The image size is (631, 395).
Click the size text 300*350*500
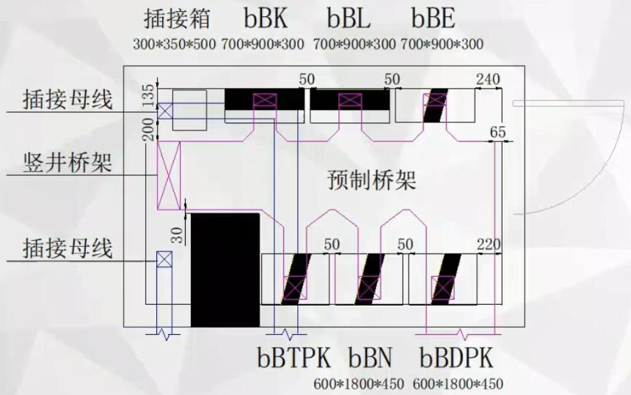click(175, 44)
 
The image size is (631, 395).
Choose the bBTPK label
click(294, 358)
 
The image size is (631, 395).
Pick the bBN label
click(371, 358)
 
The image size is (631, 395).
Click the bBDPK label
click(457, 358)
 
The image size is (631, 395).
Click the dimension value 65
click(498, 132)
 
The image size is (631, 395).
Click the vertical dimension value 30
click(176, 234)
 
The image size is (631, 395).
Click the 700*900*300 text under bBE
click(442, 44)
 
